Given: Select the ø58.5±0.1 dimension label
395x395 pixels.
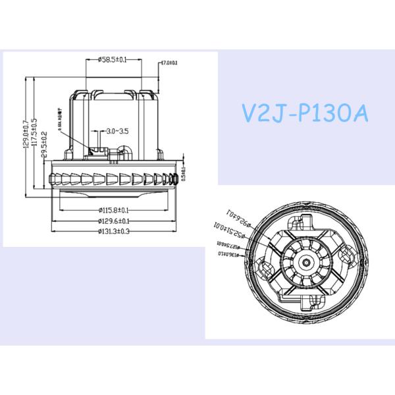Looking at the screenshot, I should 113,60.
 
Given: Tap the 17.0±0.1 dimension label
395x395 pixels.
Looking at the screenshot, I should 169,63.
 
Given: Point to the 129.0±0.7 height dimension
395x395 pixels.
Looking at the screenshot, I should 26,135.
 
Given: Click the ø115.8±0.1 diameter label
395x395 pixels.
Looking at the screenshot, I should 113,210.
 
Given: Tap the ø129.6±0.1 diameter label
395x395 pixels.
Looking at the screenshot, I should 113,221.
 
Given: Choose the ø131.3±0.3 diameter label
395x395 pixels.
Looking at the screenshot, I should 113,231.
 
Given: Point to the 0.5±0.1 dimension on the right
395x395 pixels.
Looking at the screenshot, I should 184,175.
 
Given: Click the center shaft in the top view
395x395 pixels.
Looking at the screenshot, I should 307,261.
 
